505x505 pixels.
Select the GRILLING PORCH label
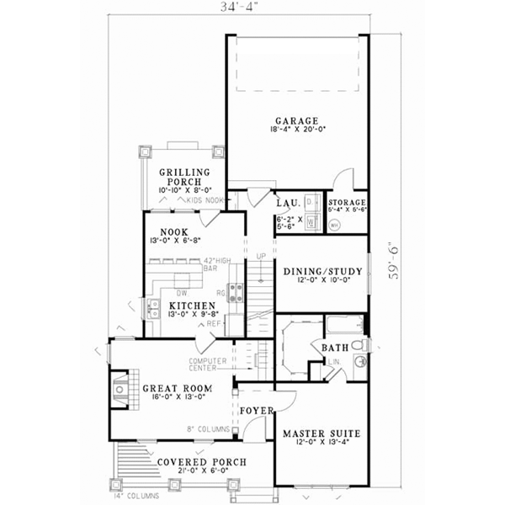[x=184, y=177]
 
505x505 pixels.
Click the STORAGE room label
[x=346, y=203]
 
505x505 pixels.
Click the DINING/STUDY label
[x=322, y=271]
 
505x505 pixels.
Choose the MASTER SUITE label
[x=322, y=433]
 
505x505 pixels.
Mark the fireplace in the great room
[x=119, y=388]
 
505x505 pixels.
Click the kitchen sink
[x=152, y=309]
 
